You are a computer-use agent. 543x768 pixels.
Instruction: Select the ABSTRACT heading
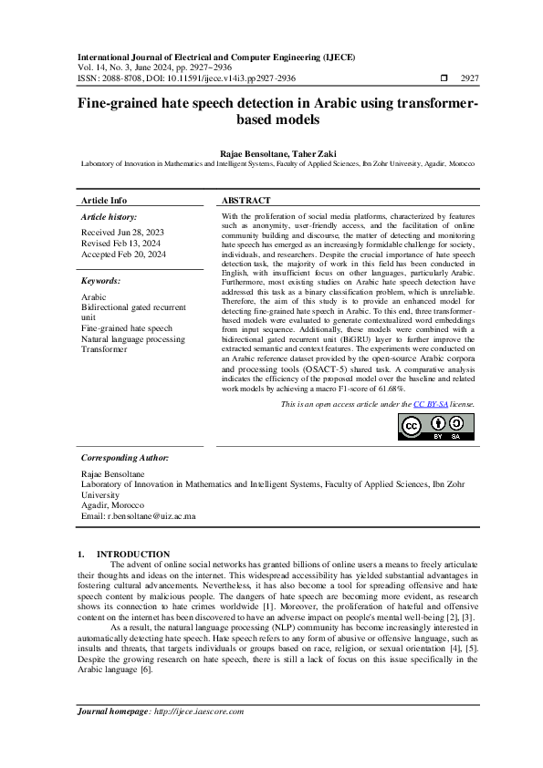(x=246, y=200)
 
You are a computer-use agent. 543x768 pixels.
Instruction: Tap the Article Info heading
(x=104, y=200)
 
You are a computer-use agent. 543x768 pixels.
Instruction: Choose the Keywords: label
(x=101, y=281)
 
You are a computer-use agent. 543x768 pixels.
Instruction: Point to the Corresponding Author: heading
(x=125, y=457)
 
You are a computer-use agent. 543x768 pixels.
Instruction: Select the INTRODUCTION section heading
(x=133, y=554)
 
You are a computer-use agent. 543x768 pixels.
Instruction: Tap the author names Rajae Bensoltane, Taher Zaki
(x=271, y=153)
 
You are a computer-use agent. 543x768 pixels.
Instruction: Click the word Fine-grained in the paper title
(x=116, y=105)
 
